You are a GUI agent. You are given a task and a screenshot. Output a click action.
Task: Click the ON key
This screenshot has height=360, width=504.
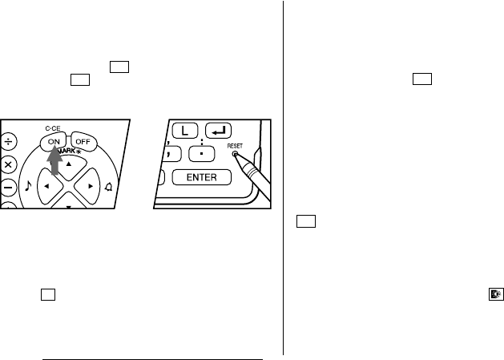click(x=54, y=142)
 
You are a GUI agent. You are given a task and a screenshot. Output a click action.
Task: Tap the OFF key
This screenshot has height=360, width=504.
click(x=83, y=142)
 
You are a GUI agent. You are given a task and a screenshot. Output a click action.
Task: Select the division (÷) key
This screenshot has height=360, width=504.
click(x=8, y=142)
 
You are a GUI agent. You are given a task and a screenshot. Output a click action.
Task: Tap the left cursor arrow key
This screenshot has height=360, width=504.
click(x=50, y=186)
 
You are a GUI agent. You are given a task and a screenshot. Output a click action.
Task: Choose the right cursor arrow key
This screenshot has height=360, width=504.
click(x=87, y=186)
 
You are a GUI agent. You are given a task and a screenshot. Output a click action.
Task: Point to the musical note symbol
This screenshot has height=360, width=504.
click(x=28, y=186)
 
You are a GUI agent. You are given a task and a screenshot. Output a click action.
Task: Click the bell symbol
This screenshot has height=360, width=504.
click(x=109, y=187)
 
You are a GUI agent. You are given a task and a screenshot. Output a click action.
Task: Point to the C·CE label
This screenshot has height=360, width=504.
click(x=53, y=128)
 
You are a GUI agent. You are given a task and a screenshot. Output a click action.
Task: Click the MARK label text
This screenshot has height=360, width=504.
click(x=68, y=151)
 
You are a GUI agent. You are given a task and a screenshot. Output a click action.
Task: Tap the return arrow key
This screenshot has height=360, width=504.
click(x=218, y=131)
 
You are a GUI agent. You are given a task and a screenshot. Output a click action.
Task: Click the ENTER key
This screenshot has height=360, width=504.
click(x=202, y=177)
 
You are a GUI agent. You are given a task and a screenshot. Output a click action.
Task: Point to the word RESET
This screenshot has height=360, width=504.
click(x=235, y=146)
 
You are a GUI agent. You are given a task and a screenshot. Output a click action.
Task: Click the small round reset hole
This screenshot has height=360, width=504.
click(x=235, y=155)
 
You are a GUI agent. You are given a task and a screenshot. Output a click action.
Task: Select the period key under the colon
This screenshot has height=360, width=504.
click(x=201, y=154)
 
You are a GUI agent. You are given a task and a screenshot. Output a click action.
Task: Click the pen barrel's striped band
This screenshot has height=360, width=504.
click(x=253, y=170)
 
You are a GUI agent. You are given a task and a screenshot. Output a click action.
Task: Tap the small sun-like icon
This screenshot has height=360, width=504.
click(x=496, y=294)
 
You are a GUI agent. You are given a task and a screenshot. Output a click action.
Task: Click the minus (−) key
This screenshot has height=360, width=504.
click(x=8, y=188)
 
